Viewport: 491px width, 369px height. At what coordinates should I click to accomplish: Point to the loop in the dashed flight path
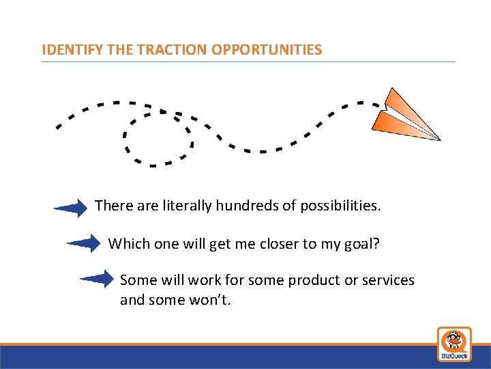click(x=158, y=137)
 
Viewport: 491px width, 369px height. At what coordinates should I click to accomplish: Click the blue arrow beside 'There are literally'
click(x=71, y=208)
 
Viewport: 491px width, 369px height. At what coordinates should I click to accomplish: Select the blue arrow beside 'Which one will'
click(x=84, y=243)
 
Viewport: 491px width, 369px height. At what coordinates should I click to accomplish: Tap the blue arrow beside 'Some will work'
click(x=97, y=279)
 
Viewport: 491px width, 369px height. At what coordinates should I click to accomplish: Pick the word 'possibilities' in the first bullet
click(x=335, y=205)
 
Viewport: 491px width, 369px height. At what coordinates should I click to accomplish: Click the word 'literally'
click(x=188, y=205)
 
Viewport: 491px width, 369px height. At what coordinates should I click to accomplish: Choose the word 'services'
click(x=389, y=280)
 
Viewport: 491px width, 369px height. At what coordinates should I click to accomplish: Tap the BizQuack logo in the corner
click(x=454, y=344)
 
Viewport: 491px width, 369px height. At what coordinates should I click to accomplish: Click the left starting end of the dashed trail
click(x=59, y=126)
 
